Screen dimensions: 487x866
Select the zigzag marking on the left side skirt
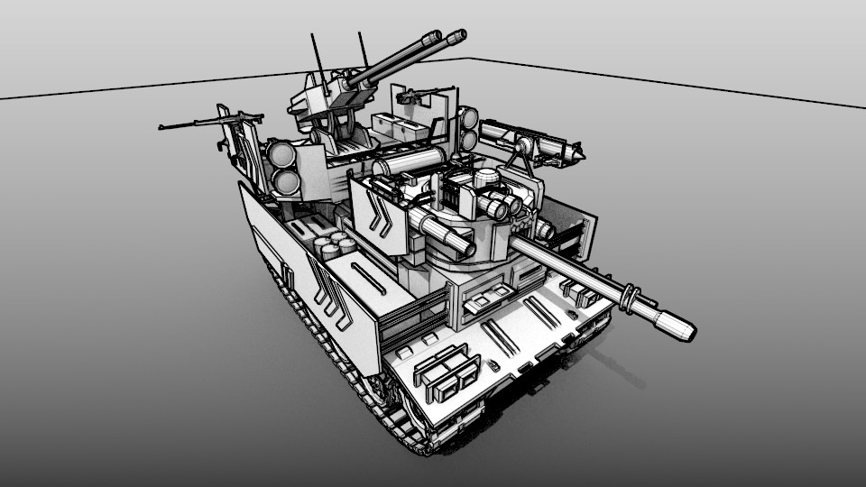click(x=329, y=289)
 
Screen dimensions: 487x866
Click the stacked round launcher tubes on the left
click(x=283, y=167)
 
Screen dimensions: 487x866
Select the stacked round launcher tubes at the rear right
click(x=467, y=128)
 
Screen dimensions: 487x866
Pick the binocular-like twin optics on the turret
click(x=502, y=204)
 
